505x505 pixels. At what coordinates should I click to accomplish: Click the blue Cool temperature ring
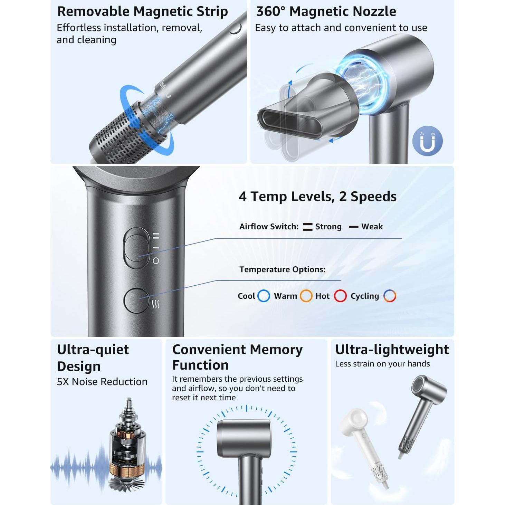click(x=264, y=296)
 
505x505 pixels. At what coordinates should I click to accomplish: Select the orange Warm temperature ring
click(x=306, y=296)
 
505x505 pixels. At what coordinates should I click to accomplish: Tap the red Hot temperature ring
click(x=340, y=296)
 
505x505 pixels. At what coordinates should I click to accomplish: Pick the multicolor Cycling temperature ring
click(x=390, y=296)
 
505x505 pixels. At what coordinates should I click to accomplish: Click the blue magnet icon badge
click(x=427, y=141)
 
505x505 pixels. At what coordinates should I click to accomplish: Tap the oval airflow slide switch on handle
click(x=137, y=247)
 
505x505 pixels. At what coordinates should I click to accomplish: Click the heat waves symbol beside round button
click(x=156, y=304)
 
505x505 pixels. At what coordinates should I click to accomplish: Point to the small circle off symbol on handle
click(x=156, y=261)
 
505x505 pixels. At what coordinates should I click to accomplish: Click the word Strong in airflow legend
click(x=328, y=227)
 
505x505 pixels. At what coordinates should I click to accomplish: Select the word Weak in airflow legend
click(x=372, y=227)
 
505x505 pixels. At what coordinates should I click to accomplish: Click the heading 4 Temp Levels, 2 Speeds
click(x=317, y=196)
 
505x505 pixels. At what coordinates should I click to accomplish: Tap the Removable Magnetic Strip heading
click(x=142, y=11)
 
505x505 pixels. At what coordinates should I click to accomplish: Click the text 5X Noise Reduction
click(x=102, y=382)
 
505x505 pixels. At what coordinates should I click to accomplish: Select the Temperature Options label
click(x=282, y=269)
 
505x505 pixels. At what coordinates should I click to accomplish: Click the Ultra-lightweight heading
click(x=392, y=350)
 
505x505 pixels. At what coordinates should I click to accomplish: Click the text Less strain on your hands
click(x=382, y=364)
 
